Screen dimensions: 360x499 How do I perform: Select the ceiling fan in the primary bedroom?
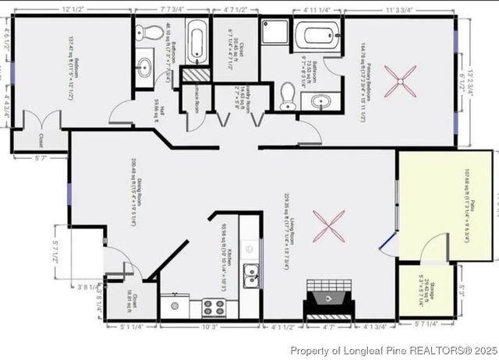pos(405,78)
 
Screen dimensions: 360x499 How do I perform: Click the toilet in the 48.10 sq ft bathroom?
pos(142,34)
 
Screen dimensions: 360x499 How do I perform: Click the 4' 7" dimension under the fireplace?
pos(328,328)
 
